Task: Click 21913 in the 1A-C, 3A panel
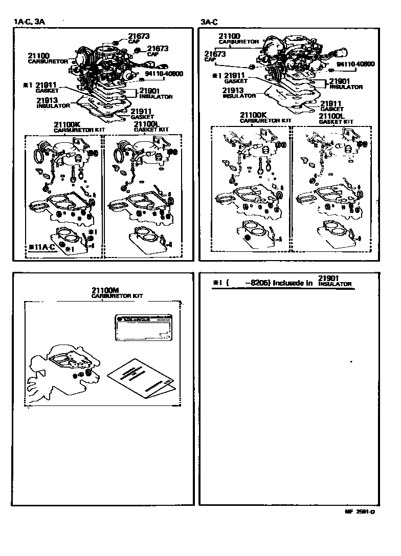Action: [x=47, y=100]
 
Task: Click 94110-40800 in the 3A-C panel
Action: [x=355, y=64]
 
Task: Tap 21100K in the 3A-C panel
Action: [x=253, y=115]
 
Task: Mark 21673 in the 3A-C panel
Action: [x=215, y=54]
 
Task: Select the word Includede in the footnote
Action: [x=293, y=283]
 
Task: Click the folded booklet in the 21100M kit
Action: [x=139, y=380]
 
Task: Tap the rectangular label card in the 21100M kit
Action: [x=141, y=326]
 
